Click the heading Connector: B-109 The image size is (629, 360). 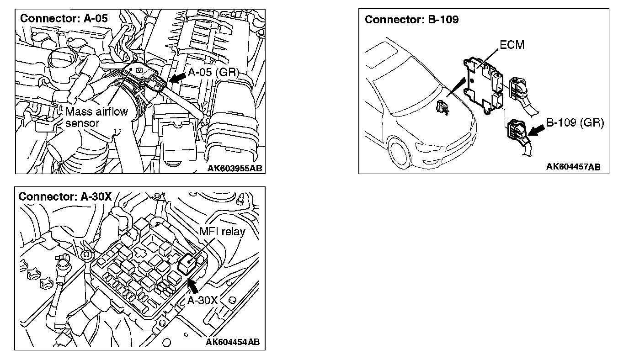[x=412, y=20]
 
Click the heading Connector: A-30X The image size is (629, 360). [x=65, y=196]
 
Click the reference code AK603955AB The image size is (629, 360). [x=235, y=168]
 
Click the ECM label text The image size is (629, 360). [x=512, y=45]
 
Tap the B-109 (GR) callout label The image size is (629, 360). [x=575, y=123]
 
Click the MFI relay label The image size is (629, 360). [x=222, y=231]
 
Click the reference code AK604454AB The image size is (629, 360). [x=233, y=343]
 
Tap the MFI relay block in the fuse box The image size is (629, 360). [x=187, y=264]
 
